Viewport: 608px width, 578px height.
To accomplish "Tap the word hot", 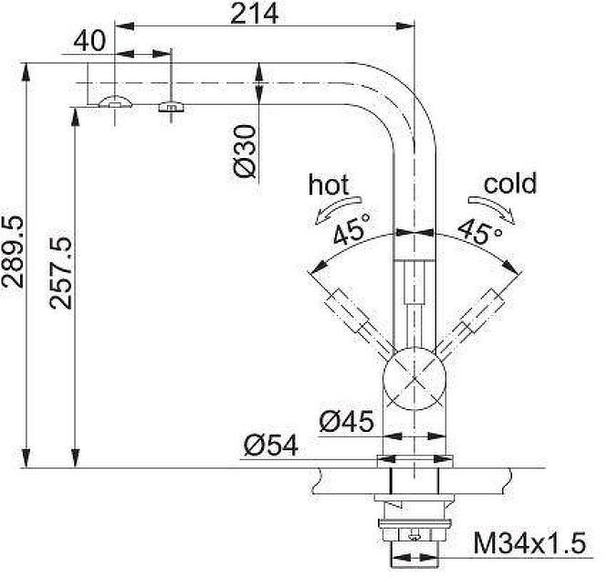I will coord(329,185).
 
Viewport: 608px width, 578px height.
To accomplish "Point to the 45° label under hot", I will coord(351,228).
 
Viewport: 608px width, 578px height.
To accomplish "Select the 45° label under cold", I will coord(479,230).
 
